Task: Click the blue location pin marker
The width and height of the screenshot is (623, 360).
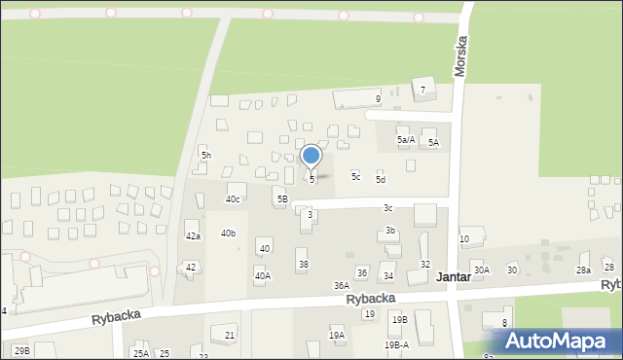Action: tap(311, 156)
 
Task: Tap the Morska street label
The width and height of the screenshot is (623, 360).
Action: tap(461, 56)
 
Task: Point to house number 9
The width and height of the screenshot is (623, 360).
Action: tap(378, 98)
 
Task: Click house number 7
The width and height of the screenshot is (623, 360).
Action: tap(422, 90)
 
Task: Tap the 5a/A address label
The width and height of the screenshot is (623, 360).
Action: tap(406, 140)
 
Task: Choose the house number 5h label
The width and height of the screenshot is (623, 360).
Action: tap(205, 156)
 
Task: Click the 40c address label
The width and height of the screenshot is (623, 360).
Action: tap(233, 199)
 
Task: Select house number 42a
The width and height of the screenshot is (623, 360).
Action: tap(193, 236)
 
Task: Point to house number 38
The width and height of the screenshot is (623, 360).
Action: tap(304, 265)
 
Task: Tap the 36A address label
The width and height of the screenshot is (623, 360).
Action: tap(342, 285)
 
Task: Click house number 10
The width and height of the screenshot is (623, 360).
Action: tap(464, 239)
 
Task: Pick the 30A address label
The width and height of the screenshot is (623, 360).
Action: tap(481, 270)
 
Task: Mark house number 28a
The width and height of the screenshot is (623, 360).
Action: tap(583, 270)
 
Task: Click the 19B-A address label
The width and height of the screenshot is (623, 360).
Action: tap(396, 344)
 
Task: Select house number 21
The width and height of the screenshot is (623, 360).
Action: tap(230, 336)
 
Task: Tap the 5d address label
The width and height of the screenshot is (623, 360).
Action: tap(381, 180)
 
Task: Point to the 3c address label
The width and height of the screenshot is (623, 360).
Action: tap(387, 208)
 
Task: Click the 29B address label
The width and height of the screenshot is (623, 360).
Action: tap(21, 350)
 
